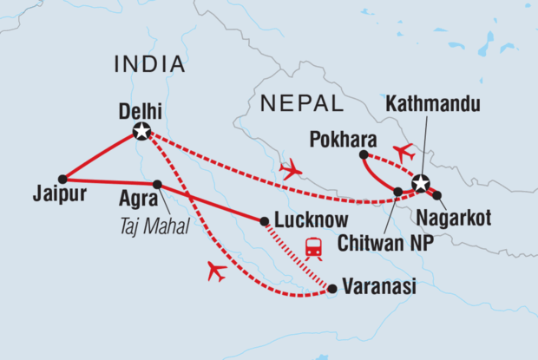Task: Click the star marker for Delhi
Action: point(141,132)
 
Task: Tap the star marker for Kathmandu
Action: point(421,184)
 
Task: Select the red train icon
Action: point(314,249)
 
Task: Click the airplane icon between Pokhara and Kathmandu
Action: point(403,152)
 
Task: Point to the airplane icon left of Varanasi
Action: point(216,272)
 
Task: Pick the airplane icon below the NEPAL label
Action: point(291,169)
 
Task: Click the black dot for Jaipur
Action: point(62,179)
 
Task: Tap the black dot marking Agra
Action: point(157,184)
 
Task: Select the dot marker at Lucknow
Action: point(264,220)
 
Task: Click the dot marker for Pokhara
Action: point(362,155)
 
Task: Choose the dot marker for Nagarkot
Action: point(436,195)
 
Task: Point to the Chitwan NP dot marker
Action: point(397,192)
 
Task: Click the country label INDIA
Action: point(149,64)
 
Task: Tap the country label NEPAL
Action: point(300,104)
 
